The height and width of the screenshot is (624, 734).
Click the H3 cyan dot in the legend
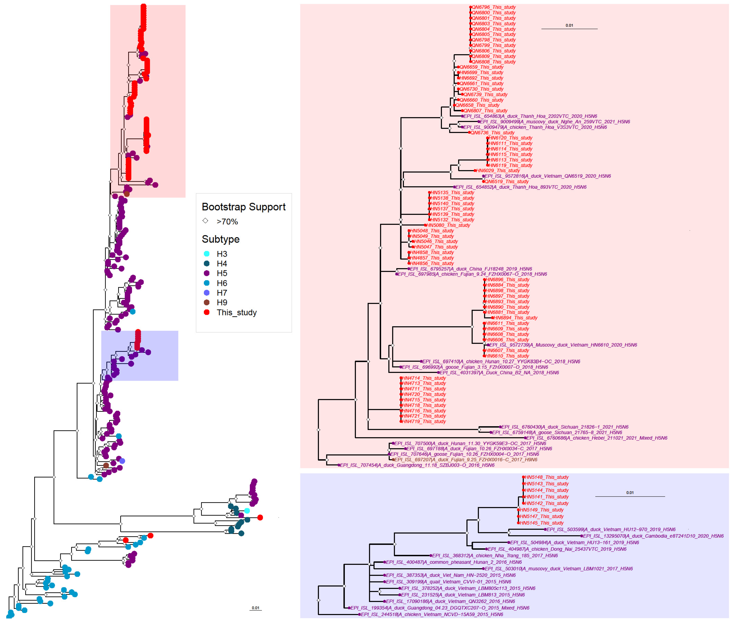pyautogui.click(x=207, y=254)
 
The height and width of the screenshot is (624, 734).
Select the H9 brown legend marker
pyautogui.click(x=207, y=302)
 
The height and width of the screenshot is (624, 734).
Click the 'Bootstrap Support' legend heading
pyautogui.click(x=243, y=207)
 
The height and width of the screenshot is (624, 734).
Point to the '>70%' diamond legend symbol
pyautogui.click(x=205, y=221)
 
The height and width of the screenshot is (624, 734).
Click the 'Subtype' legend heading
pyautogui.click(x=220, y=239)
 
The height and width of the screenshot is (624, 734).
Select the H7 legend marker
pyautogui.click(x=207, y=293)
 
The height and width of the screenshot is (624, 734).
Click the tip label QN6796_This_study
pyautogui.click(x=493, y=7)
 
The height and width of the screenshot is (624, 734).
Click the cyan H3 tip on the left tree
pyautogui.click(x=247, y=511)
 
